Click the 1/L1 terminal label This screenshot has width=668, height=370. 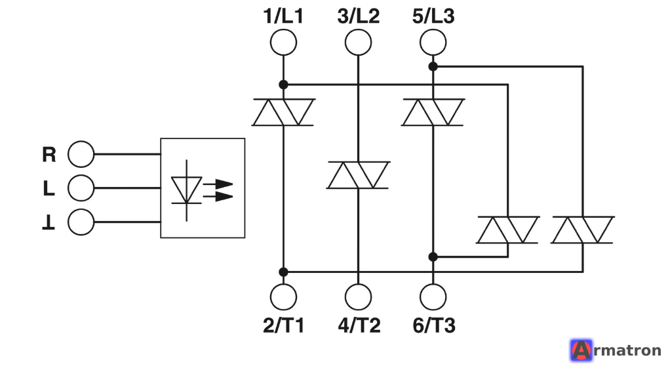click(x=283, y=16)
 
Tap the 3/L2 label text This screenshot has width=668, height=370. click(x=359, y=16)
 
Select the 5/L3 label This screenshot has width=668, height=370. click(x=433, y=16)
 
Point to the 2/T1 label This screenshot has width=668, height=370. click(x=284, y=325)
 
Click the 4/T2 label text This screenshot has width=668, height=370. click(x=359, y=325)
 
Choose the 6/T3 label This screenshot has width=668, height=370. click(x=434, y=325)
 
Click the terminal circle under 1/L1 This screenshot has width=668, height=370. click(x=283, y=42)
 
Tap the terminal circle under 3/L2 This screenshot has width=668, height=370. click(x=359, y=42)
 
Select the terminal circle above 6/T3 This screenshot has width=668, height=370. click(x=433, y=297)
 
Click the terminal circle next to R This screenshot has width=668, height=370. click(x=81, y=154)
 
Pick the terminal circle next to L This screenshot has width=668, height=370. click(x=81, y=188)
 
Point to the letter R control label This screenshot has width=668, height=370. click(x=49, y=154)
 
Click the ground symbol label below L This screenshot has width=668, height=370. click(x=49, y=222)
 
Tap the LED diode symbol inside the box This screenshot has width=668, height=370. click(x=187, y=190)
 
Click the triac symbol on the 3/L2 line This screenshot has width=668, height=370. click(x=359, y=175)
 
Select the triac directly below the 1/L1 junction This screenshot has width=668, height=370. click(x=283, y=112)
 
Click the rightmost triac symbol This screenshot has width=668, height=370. click(x=583, y=230)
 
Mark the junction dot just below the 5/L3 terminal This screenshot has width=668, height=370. click(x=433, y=66)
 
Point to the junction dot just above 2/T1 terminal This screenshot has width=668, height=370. click(x=283, y=272)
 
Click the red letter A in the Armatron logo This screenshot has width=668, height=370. click(x=581, y=350)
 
